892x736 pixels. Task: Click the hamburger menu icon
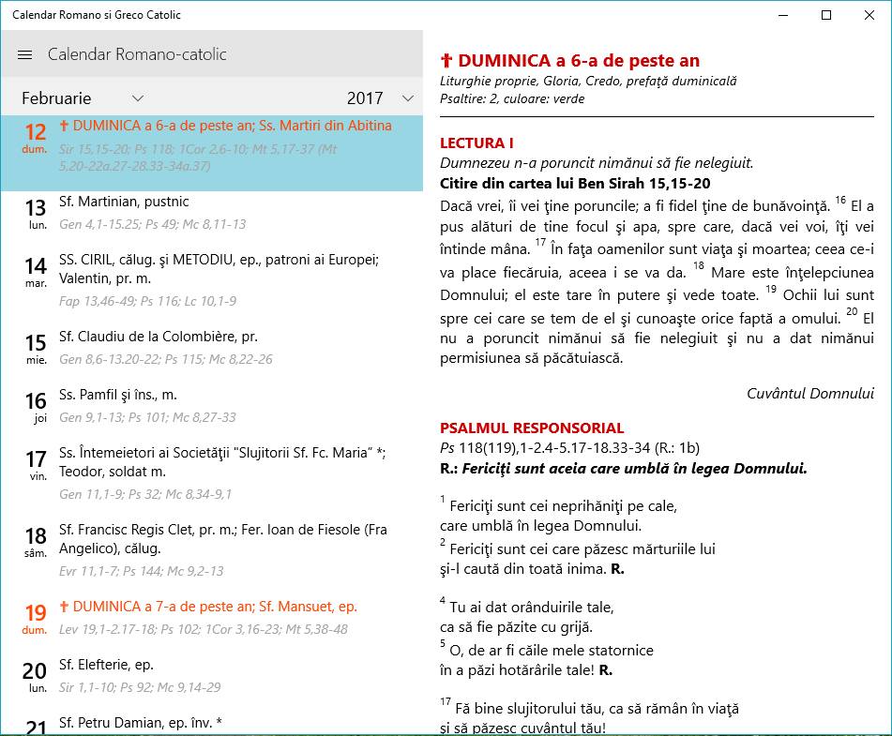pyautogui.click(x=25, y=55)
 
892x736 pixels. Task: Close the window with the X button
pyautogui.click(x=869, y=15)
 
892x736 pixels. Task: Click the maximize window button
pyautogui.click(x=825, y=15)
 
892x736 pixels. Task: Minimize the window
pyautogui.click(x=782, y=15)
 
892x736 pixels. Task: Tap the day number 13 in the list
pyautogui.click(x=36, y=207)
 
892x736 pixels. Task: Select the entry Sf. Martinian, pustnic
pyautogui.click(x=124, y=202)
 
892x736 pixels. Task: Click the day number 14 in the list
pyautogui.click(x=36, y=265)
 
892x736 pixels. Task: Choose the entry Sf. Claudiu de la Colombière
pyautogui.click(x=158, y=337)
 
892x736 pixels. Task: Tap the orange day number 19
pyautogui.click(x=36, y=613)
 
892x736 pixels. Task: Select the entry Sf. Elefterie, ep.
pyautogui.click(x=106, y=665)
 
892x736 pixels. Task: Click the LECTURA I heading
pyautogui.click(x=476, y=143)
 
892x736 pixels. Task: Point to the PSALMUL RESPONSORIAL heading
pyautogui.click(x=532, y=428)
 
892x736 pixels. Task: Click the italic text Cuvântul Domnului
pyautogui.click(x=810, y=394)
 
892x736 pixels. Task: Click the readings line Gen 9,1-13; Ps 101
pyautogui.click(x=147, y=417)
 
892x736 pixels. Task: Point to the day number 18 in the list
pyautogui.click(x=36, y=536)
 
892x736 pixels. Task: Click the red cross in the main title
pyautogui.click(x=446, y=61)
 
